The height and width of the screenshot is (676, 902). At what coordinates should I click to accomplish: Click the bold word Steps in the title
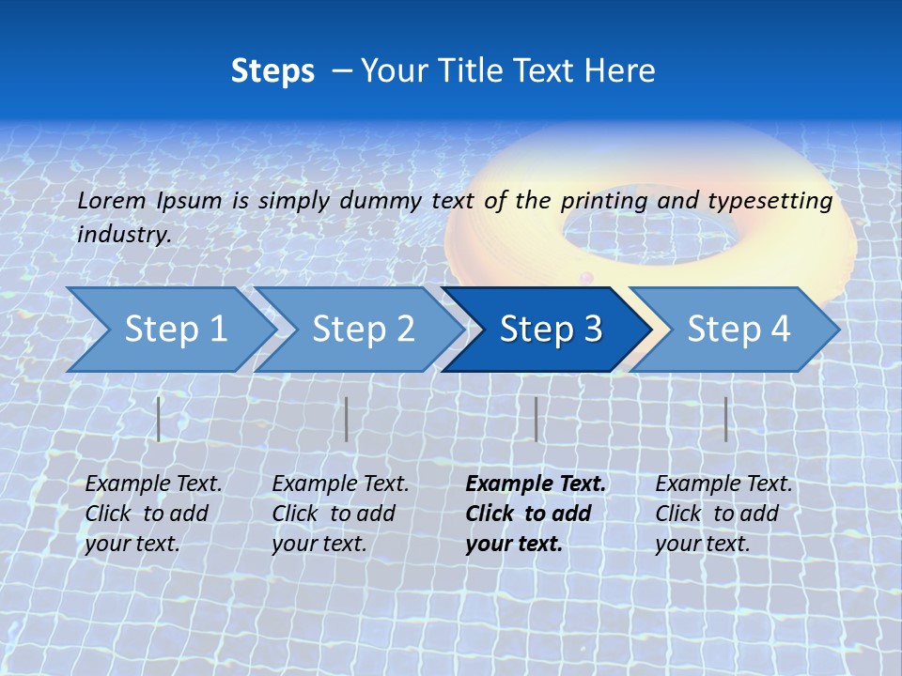[272, 71]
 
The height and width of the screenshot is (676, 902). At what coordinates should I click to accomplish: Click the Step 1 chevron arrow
[175, 330]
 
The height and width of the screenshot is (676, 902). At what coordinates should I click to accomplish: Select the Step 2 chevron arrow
[363, 330]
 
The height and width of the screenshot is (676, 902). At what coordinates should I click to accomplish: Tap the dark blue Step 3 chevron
[550, 330]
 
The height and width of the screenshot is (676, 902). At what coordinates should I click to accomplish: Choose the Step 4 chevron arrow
[738, 330]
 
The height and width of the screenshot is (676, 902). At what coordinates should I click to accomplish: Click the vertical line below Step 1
[159, 419]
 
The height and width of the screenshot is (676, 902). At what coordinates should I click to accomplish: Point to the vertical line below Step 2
[347, 419]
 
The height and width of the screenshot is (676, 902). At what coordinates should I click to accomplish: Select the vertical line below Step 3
[536, 419]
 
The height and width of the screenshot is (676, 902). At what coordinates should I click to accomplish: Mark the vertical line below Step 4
[725, 419]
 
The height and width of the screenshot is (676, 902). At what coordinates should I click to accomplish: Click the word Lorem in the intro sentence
[111, 201]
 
